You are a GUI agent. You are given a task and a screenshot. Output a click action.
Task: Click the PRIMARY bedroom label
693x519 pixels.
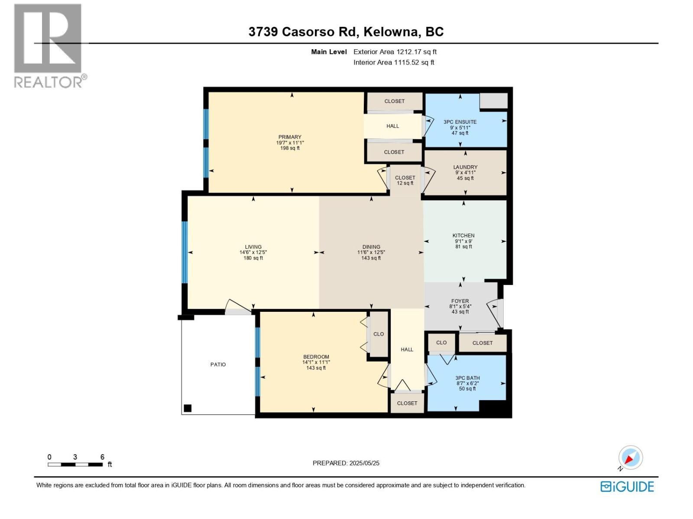pyautogui.click(x=290, y=137)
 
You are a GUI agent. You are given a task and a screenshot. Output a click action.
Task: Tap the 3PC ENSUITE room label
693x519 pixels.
pyautogui.click(x=460, y=122)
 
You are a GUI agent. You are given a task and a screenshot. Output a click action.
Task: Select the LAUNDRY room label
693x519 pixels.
pyautogui.click(x=465, y=167)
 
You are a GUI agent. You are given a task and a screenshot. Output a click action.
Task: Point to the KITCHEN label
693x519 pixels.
pyautogui.click(x=463, y=236)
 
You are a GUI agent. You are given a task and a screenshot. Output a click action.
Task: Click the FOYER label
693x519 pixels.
pyautogui.click(x=460, y=301)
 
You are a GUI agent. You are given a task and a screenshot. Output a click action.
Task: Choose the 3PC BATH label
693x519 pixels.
pyautogui.click(x=467, y=378)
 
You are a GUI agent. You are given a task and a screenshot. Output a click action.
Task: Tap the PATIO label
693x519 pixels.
pyautogui.click(x=218, y=365)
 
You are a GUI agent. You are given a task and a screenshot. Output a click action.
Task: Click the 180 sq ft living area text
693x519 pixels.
pyautogui.click(x=253, y=258)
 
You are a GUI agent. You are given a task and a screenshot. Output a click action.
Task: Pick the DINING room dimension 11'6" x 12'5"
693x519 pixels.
pyautogui.click(x=371, y=253)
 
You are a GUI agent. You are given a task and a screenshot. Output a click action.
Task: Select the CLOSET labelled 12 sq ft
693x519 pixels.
pyautogui.click(x=405, y=180)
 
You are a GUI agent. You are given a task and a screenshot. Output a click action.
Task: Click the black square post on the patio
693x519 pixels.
pyautogui.click(x=188, y=408)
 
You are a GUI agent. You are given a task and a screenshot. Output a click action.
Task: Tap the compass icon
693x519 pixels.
pyautogui.click(x=630, y=458)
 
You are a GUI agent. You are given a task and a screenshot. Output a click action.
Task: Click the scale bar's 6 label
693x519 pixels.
pyautogui.click(x=102, y=457)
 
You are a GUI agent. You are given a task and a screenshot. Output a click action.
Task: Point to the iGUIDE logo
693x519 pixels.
pyautogui.click(x=627, y=487)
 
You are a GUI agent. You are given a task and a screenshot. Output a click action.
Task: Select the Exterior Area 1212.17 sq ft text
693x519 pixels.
pyautogui.click(x=395, y=52)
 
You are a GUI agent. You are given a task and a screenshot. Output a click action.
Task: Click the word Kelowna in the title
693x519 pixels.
pyautogui.click(x=391, y=32)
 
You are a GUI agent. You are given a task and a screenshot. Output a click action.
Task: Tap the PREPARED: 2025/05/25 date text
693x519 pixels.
pyautogui.click(x=346, y=463)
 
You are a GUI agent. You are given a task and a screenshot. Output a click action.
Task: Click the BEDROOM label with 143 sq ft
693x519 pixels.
pyautogui.click(x=316, y=357)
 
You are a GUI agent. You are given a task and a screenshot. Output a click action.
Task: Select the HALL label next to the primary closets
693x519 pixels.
pyautogui.click(x=393, y=126)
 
